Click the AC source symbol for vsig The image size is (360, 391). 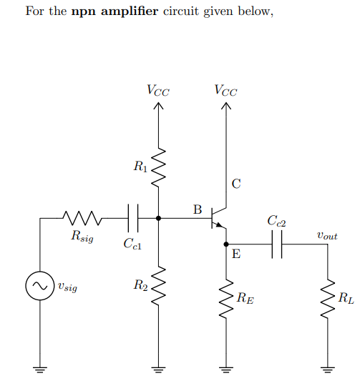[40, 287]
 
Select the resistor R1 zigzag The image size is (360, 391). [157, 169]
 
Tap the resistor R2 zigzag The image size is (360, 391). [157, 285]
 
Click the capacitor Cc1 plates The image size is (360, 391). [132, 217]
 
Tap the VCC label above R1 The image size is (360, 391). [157, 91]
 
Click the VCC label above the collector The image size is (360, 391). [226, 91]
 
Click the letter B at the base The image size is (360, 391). [198, 209]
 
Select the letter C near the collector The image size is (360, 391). [236, 184]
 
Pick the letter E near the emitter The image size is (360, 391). [237, 254]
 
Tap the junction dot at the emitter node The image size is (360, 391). [226, 244]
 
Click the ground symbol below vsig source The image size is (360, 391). [40, 370]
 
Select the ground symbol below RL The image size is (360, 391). [328, 370]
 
